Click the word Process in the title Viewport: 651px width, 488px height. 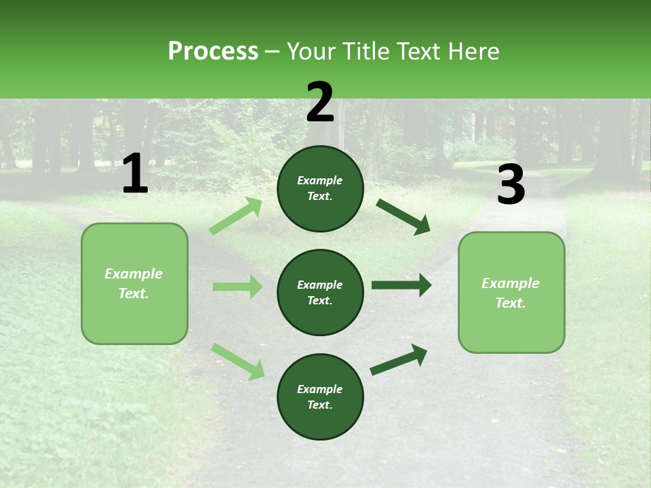pos(213,52)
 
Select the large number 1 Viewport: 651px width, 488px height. pos(135,174)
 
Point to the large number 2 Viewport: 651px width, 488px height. pos(320,102)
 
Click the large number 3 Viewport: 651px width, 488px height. pos(511,186)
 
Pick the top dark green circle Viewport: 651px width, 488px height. pos(320,188)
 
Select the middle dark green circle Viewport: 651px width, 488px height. pos(320,292)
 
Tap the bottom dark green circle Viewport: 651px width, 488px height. pos(320,396)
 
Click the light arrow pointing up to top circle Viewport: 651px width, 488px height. pos(236,216)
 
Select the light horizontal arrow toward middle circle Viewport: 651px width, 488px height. pos(237,287)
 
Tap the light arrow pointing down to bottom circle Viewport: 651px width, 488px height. pos(238,361)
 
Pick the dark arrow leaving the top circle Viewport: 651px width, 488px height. pos(403,217)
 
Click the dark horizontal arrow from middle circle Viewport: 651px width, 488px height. pos(401,285)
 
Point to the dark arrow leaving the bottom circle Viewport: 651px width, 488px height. pos(399,359)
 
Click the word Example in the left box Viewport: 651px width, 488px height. pos(134,274)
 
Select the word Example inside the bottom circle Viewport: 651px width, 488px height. pos(319,389)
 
